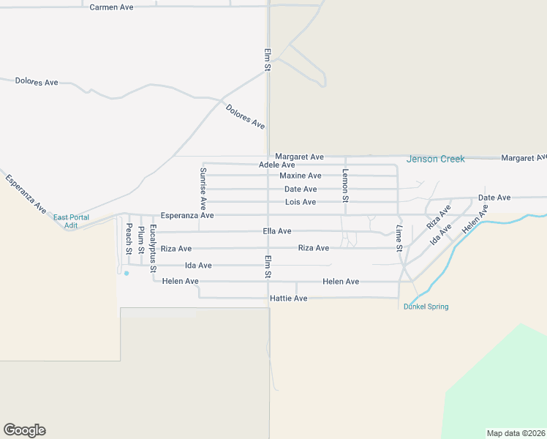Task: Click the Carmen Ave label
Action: coord(111,7)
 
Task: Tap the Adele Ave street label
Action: coord(276,165)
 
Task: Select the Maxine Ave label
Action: coord(300,176)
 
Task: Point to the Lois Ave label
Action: coord(300,202)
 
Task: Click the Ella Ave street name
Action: coord(276,231)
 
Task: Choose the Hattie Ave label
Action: coord(289,299)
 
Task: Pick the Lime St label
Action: coord(399,239)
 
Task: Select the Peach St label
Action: coord(128,239)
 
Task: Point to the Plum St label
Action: coord(140,240)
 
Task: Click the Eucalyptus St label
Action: coord(153,249)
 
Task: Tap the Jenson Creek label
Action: coord(435,159)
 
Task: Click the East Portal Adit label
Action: coord(71,221)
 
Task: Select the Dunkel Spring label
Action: coord(426,307)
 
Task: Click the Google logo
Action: coord(24,430)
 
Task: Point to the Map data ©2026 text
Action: coord(516,432)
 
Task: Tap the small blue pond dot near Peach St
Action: coord(127,274)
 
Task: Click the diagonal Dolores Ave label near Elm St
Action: coord(245,117)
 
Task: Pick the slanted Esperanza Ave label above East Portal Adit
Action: coord(26,193)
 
